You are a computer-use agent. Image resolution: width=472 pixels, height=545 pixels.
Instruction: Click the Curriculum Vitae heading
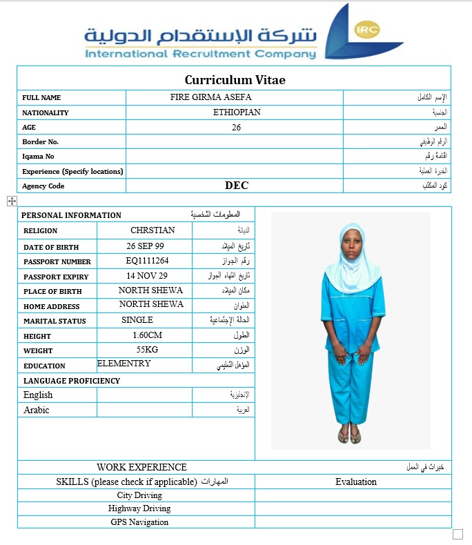(x=235, y=80)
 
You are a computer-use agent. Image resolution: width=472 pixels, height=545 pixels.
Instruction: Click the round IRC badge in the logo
(x=366, y=30)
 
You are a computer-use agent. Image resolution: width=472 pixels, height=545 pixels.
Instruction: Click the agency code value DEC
(x=236, y=186)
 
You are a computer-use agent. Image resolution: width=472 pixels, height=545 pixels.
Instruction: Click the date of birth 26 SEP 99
(x=145, y=246)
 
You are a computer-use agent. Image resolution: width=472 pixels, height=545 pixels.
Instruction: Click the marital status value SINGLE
(x=137, y=320)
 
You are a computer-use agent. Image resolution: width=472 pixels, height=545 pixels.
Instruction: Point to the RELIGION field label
(x=41, y=230)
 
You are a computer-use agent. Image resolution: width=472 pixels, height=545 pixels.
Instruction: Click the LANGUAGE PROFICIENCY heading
(x=72, y=381)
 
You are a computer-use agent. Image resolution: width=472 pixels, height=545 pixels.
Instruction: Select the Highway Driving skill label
(x=139, y=508)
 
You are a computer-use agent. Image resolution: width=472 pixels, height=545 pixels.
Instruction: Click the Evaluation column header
(x=356, y=482)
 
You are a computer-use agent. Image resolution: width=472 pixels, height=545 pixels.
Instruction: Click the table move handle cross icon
(x=12, y=201)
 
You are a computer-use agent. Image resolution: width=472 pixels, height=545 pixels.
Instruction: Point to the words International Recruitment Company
(x=200, y=54)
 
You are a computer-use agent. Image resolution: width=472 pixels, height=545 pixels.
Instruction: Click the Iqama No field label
(x=38, y=157)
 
